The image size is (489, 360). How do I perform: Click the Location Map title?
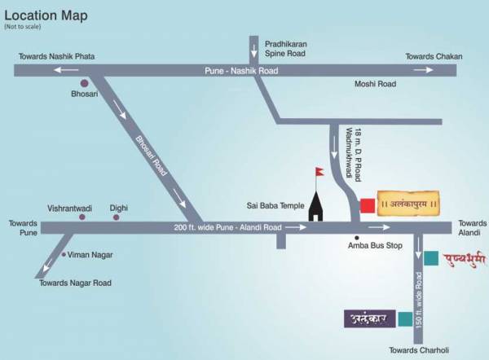(46, 15)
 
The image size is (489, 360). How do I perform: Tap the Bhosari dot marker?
(83, 82)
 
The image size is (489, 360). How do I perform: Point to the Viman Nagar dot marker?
(64, 255)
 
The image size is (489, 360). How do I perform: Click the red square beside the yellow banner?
(368, 204)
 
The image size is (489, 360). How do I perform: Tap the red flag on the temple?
(319, 172)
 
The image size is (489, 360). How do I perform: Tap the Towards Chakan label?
(434, 56)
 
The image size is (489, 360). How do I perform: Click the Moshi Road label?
(374, 84)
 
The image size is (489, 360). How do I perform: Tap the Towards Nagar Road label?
(76, 283)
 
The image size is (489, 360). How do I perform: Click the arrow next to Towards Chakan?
(424, 71)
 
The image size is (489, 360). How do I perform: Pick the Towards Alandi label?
(471, 228)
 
